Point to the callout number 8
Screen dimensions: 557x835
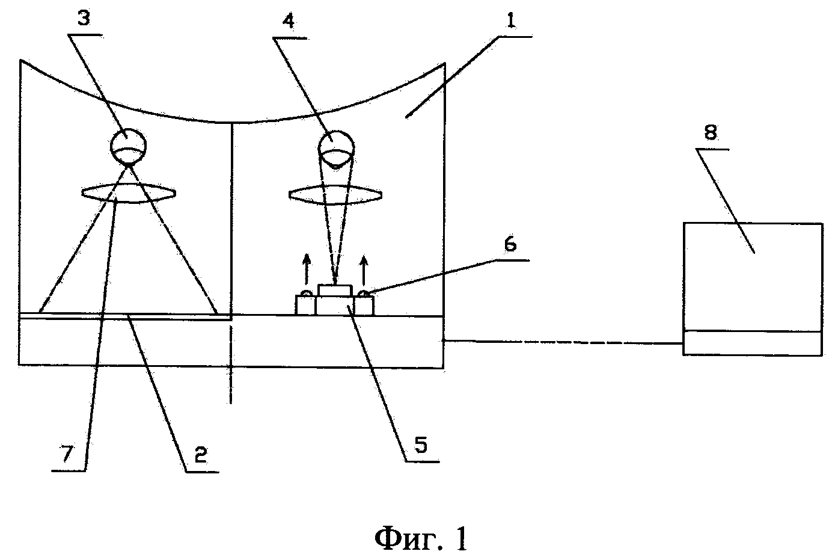(711, 133)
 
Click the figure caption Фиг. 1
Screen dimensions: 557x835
(420, 539)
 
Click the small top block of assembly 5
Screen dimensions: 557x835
(336, 290)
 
